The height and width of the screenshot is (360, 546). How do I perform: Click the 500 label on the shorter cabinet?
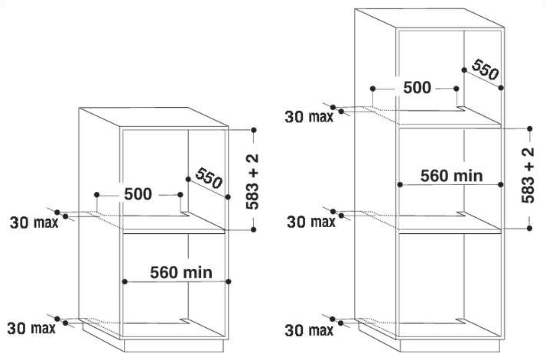138,194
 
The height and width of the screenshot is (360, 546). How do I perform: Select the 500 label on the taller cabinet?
418,87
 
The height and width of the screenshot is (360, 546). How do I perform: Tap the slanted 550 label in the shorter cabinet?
209,178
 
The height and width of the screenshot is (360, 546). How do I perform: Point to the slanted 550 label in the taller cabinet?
485,70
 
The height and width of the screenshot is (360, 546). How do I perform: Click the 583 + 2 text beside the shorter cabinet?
252,181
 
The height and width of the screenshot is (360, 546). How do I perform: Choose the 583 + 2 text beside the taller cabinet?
528,175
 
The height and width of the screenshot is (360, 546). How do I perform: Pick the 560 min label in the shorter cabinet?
181,272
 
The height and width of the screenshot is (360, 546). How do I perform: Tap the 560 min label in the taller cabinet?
452,176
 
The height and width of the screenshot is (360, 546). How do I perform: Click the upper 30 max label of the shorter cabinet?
34,222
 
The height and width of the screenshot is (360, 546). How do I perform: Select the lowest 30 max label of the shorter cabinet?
31,329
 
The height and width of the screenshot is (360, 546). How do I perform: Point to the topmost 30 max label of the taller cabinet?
309,117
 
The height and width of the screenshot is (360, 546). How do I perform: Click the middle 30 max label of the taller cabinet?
311,222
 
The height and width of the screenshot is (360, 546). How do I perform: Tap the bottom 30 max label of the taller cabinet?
309,330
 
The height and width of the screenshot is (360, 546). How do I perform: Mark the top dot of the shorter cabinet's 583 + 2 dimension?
254,130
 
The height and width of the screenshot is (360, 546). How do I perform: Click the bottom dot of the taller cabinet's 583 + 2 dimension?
530,229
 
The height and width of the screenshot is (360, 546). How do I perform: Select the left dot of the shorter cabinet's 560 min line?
125,282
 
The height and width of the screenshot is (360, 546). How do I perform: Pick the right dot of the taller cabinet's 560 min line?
501,184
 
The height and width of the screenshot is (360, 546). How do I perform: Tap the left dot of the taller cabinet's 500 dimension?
373,89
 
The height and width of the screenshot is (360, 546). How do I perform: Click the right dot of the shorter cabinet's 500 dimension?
180,195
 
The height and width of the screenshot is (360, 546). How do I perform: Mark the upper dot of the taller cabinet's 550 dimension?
464,70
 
